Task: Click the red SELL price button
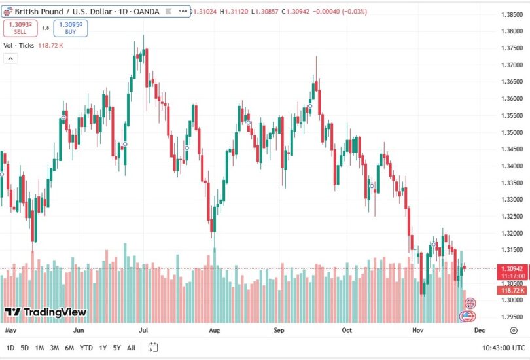(x=20, y=27)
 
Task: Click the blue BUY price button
(x=70, y=27)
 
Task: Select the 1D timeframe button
(x=10, y=348)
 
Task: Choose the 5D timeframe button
(x=25, y=348)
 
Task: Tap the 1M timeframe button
(x=40, y=348)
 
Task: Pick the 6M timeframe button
(x=69, y=348)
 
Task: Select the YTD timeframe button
(x=86, y=348)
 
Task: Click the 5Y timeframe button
(x=116, y=348)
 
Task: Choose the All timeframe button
(x=132, y=348)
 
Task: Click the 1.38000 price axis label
(x=511, y=31)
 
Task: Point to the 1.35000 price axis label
(x=511, y=132)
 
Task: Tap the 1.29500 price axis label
(x=511, y=317)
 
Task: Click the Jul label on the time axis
(x=143, y=331)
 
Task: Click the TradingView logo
(x=46, y=312)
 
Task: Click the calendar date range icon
(x=153, y=348)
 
